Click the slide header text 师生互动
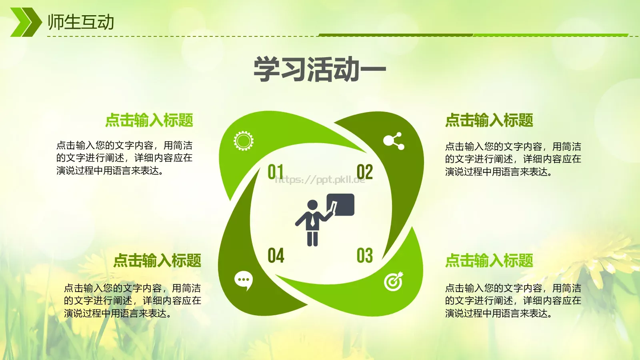click(81, 22)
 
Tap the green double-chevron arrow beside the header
click(25, 22)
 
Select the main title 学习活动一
click(320, 70)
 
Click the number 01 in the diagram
click(276, 172)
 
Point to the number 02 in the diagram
click(364, 172)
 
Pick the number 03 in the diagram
click(364, 256)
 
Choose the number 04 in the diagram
click(276, 256)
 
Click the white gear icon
click(243, 141)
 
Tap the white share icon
click(394, 141)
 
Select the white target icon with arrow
click(394, 282)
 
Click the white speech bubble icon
click(243, 280)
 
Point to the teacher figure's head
click(312, 205)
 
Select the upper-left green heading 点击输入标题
click(149, 120)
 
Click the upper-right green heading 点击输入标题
click(489, 120)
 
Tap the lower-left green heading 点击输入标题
click(157, 260)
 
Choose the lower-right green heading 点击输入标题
click(489, 260)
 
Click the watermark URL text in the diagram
click(320, 180)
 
